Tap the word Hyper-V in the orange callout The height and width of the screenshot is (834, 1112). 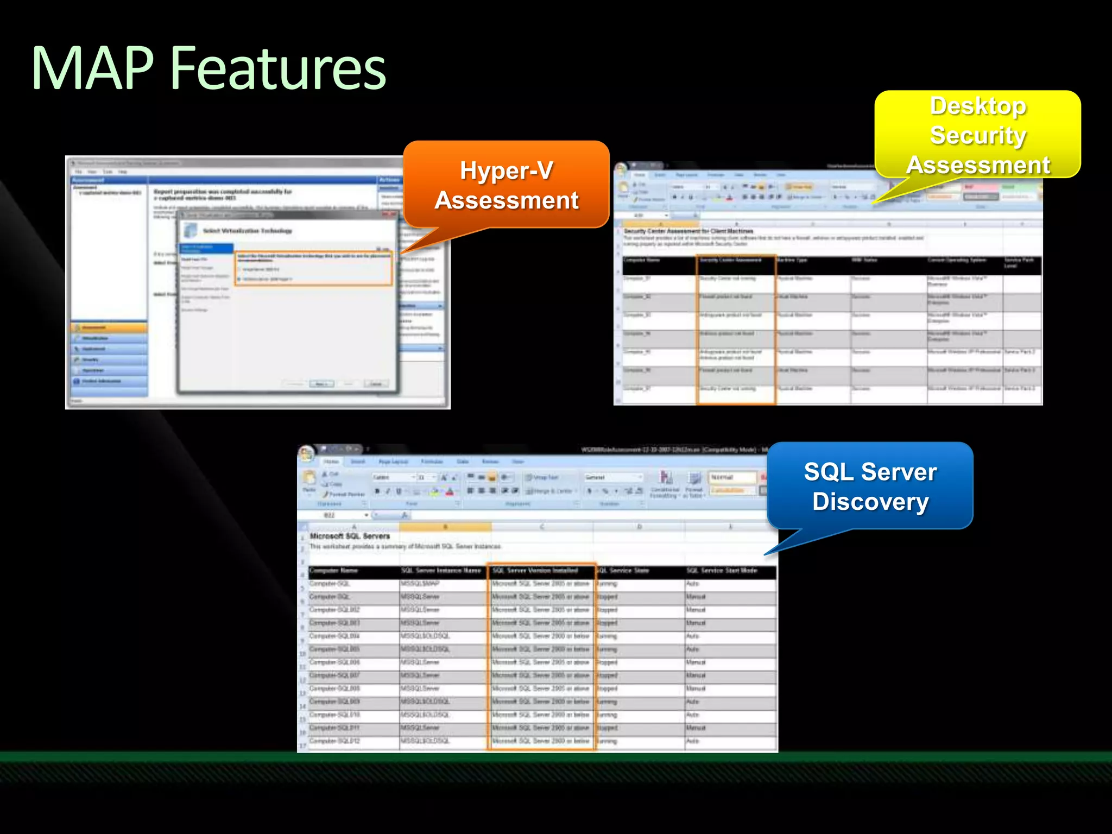pyautogui.click(x=506, y=170)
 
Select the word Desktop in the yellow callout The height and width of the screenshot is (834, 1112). pyautogui.click(x=978, y=106)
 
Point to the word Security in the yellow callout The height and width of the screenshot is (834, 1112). pyautogui.click(x=978, y=135)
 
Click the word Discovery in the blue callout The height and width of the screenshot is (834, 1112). pyautogui.click(x=870, y=501)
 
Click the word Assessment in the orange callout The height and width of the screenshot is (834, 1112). pyautogui.click(x=506, y=200)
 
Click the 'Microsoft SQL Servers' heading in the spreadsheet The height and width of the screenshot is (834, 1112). pyautogui.click(x=350, y=536)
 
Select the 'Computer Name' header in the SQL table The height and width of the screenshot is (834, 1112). pyautogui.click(x=333, y=571)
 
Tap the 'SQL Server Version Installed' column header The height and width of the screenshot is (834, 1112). pyautogui.click(x=535, y=571)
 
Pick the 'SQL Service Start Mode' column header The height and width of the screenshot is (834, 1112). pyautogui.click(x=722, y=571)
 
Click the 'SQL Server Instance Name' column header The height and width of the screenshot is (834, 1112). pyautogui.click(x=441, y=571)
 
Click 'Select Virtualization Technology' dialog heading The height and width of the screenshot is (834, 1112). pyautogui.click(x=247, y=231)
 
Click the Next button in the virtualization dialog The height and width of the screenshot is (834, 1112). pyautogui.click(x=321, y=384)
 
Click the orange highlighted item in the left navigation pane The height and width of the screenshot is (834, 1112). pyautogui.click(x=109, y=327)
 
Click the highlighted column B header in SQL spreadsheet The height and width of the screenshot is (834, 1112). pyautogui.click(x=445, y=527)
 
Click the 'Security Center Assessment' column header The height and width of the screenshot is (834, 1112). pyautogui.click(x=730, y=261)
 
